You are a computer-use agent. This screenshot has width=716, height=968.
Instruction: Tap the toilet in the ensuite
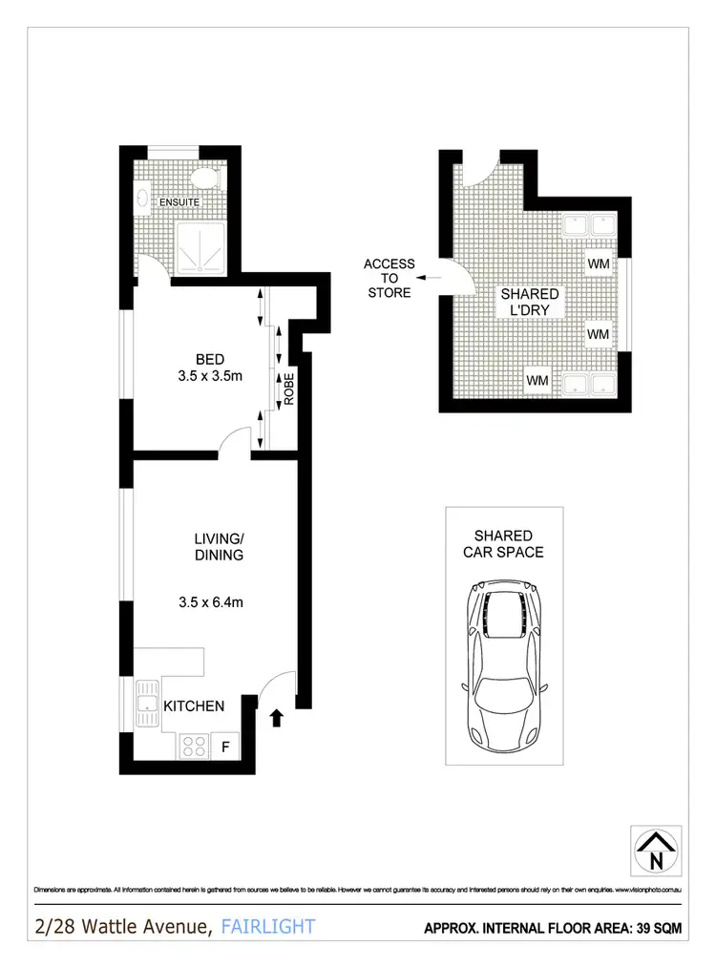204,179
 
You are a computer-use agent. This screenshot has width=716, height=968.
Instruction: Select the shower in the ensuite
200,246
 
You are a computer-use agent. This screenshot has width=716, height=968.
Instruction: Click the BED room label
210,359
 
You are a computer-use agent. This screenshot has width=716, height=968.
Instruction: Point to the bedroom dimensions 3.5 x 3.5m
210,375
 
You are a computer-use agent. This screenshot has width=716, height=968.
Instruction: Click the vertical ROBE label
288,390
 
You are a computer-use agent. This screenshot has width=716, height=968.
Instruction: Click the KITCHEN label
195,706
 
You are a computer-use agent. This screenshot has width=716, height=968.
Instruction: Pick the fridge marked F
225,746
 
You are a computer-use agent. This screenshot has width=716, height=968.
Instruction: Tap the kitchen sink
148,705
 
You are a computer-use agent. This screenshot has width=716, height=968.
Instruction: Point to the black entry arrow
277,718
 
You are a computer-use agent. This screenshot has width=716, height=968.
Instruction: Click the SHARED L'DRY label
530,303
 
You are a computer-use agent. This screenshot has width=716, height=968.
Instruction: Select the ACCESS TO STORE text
390,278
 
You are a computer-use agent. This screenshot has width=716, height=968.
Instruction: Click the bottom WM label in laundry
537,381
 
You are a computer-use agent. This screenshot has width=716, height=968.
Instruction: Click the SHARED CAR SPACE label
503,544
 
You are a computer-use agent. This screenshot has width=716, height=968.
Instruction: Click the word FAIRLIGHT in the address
267,926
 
